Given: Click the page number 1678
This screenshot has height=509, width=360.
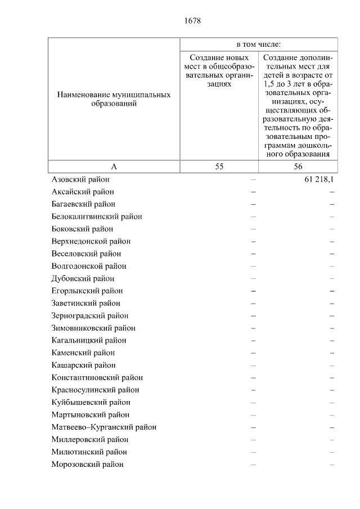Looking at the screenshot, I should (x=192, y=21).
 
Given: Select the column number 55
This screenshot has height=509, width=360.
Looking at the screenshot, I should (x=219, y=166).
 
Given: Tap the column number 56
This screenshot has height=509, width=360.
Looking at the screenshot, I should (x=298, y=166).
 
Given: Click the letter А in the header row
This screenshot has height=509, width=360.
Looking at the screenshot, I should (x=114, y=166).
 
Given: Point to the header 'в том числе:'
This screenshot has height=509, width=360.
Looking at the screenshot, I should (x=258, y=44).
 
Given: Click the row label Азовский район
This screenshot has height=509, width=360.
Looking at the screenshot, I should (x=80, y=179).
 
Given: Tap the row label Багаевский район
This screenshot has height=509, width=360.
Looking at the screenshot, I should (x=83, y=204).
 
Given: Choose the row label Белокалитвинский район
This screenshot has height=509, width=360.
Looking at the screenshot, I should (x=96, y=217).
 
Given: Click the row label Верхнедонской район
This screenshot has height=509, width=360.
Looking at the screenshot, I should (x=91, y=241).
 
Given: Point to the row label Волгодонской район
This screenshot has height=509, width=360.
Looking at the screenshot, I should (x=88, y=266).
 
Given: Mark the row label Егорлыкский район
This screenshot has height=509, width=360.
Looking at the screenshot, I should (x=87, y=291).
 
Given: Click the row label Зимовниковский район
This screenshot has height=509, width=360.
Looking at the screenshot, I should (x=93, y=328).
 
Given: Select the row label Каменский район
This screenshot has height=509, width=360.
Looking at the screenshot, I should (x=83, y=353).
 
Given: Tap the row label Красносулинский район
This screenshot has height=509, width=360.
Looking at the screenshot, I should (x=95, y=390).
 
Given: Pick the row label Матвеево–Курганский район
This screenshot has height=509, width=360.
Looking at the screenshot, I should (x=103, y=427).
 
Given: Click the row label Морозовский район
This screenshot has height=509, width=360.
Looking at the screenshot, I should (x=87, y=464).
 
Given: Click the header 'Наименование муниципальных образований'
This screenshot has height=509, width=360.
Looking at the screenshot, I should (x=114, y=100).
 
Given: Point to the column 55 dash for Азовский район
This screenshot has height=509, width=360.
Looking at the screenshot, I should (x=253, y=179).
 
